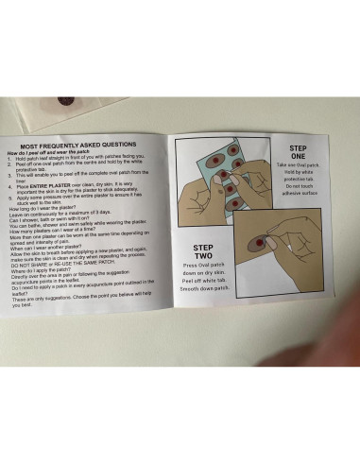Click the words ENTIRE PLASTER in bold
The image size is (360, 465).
50,188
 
